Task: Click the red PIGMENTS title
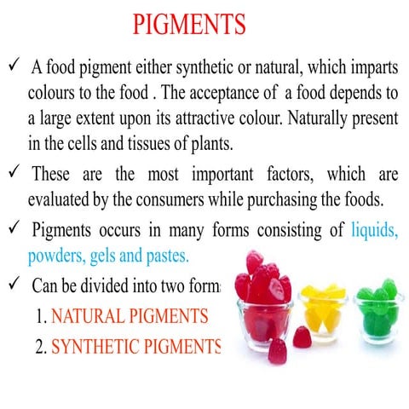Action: [188, 23]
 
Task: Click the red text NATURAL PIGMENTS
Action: [129, 316]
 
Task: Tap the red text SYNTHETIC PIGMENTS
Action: [135, 347]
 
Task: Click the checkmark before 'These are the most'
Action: [14, 174]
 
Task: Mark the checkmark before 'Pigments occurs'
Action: [14, 229]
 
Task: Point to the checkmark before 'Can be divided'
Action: [14, 285]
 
